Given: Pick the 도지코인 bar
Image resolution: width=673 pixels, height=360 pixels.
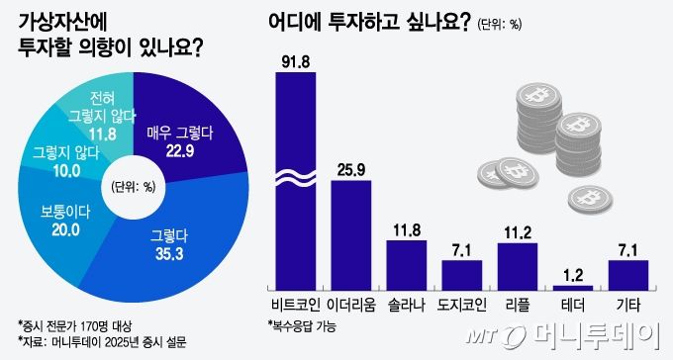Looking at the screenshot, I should click(x=462, y=274).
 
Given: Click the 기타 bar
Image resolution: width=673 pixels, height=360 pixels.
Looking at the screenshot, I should click(x=628, y=274).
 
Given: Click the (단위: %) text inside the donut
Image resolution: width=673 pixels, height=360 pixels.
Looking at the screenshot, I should click(x=134, y=186).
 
